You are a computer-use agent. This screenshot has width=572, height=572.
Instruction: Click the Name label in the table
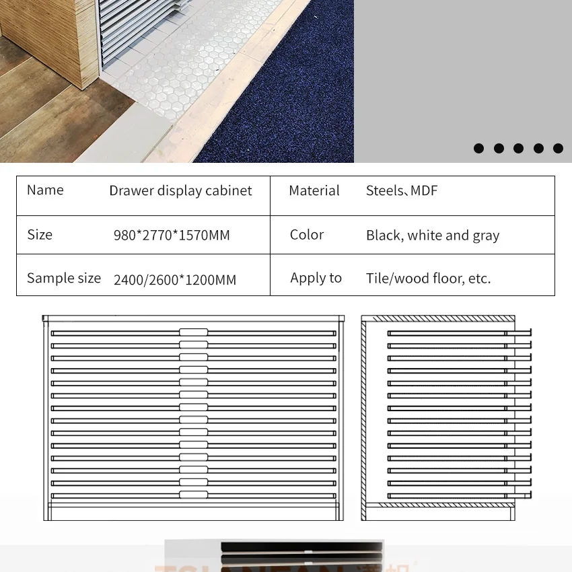[45, 190]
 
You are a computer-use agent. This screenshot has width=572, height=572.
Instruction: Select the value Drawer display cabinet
[180, 191]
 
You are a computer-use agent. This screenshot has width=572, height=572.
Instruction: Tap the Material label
[314, 191]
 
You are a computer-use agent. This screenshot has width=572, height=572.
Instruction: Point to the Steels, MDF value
[402, 191]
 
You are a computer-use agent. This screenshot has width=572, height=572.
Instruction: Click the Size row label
[40, 235]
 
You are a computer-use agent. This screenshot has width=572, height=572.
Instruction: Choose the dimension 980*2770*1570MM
[172, 236]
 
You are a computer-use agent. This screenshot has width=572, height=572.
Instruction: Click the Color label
[307, 235]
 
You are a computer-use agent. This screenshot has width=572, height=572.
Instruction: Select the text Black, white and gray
[433, 236]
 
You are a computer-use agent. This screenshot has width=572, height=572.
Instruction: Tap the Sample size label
[64, 279]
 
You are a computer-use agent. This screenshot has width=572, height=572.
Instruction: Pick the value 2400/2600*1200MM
[175, 280]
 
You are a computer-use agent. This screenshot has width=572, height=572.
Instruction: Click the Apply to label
[316, 279]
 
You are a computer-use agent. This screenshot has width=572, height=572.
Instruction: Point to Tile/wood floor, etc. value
[429, 279]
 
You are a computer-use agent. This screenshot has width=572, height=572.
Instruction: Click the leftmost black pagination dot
[478, 149]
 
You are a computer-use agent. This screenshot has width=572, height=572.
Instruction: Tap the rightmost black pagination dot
[558, 149]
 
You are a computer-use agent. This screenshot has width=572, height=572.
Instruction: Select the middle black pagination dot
[518, 149]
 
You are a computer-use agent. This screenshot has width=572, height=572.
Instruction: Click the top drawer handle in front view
[193, 332]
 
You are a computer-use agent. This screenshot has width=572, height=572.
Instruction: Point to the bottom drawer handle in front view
[193, 495]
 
